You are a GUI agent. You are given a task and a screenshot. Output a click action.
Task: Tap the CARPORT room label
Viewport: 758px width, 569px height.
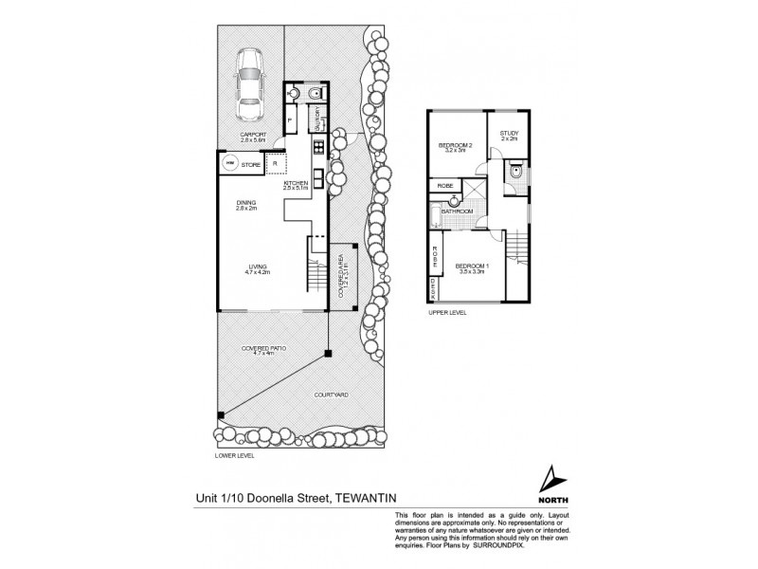(x=253, y=136)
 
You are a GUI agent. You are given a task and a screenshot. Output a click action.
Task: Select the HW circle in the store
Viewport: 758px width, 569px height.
(x=228, y=165)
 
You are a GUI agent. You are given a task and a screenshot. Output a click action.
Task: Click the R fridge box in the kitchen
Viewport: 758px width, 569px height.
(x=274, y=164)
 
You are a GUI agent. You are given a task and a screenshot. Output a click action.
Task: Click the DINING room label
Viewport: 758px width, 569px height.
(x=248, y=203)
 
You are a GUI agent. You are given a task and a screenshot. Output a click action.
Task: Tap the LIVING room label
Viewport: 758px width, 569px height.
(x=258, y=268)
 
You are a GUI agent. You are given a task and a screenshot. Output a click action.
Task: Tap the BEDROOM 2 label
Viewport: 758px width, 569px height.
(x=456, y=146)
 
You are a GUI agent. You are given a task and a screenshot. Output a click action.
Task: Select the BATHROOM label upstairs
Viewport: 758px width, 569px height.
(x=459, y=211)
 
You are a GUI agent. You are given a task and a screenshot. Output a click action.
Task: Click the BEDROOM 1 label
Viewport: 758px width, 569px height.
(x=471, y=267)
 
